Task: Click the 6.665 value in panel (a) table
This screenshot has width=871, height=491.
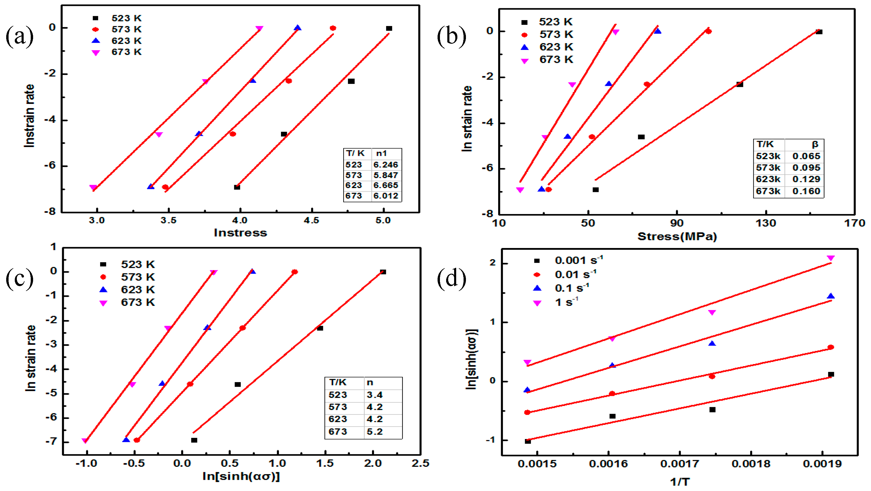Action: pyautogui.click(x=386, y=185)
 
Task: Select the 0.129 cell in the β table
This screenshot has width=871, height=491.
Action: pyautogui.click(x=806, y=179)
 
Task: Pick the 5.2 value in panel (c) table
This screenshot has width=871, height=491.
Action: pyautogui.click(x=374, y=432)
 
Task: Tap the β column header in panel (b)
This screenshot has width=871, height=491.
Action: pyautogui.click(x=815, y=144)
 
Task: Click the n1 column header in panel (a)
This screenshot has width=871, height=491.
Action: pyautogui.click(x=381, y=154)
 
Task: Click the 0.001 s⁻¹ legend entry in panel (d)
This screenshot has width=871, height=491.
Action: pyautogui.click(x=578, y=260)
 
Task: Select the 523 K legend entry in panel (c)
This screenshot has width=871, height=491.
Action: pyautogui.click(x=138, y=264)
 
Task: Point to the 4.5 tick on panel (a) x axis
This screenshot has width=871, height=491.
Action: pyautogui.click(x=311, y=221)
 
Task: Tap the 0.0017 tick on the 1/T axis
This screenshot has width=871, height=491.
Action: pyautogui.click(x=680, y=464)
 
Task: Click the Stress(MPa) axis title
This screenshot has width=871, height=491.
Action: pyautogui.click(x=677, y=236)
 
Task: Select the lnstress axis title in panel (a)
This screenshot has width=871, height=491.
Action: pyautogui.click(x=240, y=233)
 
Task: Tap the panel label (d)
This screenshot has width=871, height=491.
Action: pyautogui.click(x=451, y=279)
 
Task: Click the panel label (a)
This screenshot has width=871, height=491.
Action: pyautogui.click(x=19, y=37)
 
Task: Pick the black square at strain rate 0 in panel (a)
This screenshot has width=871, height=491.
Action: pyautogui.click(x=389, y=28)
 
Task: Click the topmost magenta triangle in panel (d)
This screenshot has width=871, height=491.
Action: pyautogui.click(x=831, y=258)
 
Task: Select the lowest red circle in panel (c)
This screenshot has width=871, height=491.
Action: pyautogui.click(x=136, y=440)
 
